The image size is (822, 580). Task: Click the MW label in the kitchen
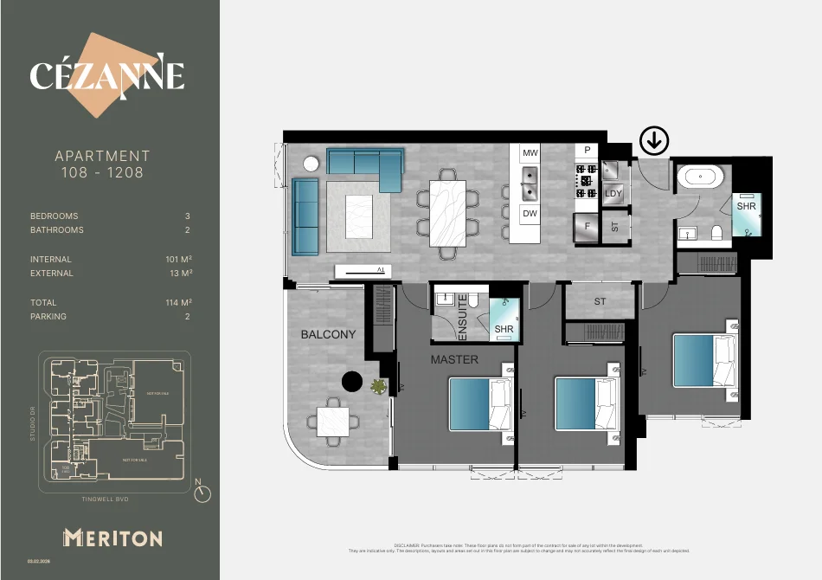coord(530,153)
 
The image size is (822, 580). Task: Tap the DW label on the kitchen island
coord(530,213)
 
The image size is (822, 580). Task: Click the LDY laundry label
coord(613,193)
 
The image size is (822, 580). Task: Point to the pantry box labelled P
coord(588,151)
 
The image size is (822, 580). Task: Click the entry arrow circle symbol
coord(653,139)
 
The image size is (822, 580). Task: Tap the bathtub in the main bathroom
coord(699,178)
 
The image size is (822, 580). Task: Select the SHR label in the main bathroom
coord(746,207)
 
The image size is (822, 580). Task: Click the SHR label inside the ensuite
coord(504,329)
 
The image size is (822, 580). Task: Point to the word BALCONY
coord(328,334)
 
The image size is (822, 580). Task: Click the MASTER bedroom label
coord(454,359)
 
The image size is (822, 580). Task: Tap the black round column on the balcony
coord(352,382)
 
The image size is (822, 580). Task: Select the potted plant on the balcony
coord(378,387)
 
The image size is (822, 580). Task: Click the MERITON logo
coord(112,538)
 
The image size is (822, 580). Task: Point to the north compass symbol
coord(202,493)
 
